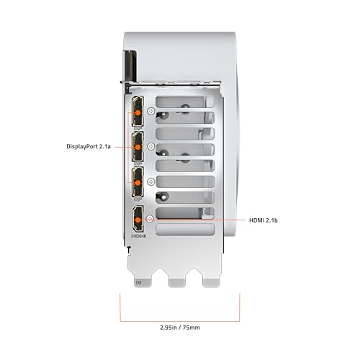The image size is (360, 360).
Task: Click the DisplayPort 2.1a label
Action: pos(89,146)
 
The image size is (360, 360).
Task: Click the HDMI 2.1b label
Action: pos(264,220)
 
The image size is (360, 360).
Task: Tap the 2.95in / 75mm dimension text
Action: pos(180,328)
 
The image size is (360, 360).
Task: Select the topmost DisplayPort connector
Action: pos(138,111)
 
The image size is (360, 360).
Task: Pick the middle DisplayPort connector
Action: pos(138,146)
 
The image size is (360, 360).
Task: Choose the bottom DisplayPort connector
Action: pos(138,181)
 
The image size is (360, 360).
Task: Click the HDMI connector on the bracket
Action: pos(138,218)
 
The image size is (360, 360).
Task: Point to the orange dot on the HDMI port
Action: pos(138,220)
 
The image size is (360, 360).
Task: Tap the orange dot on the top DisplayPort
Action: pos(138,113)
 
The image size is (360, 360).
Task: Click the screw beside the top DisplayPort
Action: pos(151,111)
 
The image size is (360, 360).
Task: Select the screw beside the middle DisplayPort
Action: pos(151,146)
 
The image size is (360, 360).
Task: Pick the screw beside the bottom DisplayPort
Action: pos(151,181)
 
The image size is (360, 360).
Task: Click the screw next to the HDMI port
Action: pos(150,219)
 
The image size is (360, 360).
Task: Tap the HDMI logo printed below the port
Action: pos(139,236)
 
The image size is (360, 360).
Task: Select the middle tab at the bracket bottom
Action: pos(177,283)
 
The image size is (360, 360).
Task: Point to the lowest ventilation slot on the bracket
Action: pos(185,229)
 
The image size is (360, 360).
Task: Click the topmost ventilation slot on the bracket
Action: pos(185,102)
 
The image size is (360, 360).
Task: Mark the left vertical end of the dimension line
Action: pos(120,307)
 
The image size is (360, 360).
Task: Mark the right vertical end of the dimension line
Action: pos(240,307)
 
